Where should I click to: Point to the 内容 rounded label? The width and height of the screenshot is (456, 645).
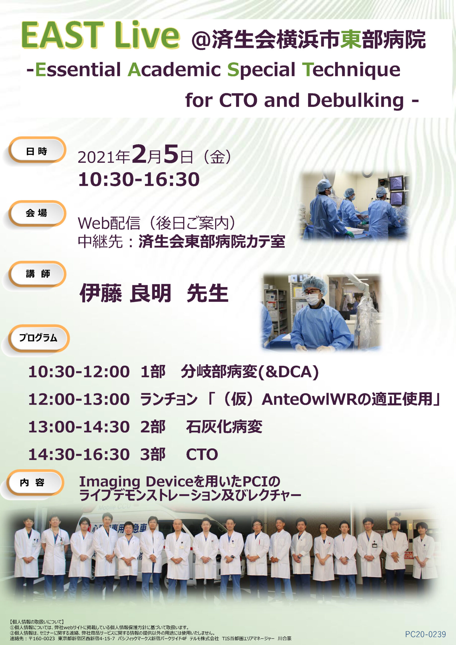click(34, 482)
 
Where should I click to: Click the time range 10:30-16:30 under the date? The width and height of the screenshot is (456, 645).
click(139, 180)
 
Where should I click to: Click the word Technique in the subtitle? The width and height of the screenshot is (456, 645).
click(351, 70)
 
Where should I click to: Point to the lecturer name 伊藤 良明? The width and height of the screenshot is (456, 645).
click(126, 293)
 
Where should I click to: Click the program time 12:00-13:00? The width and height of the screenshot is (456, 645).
click(79, 399)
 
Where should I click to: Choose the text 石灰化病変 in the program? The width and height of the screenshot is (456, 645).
click(224, 427)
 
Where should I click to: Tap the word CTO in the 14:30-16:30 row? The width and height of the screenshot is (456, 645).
click(202, 455)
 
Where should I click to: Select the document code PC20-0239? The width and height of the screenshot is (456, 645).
click(425, 634)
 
